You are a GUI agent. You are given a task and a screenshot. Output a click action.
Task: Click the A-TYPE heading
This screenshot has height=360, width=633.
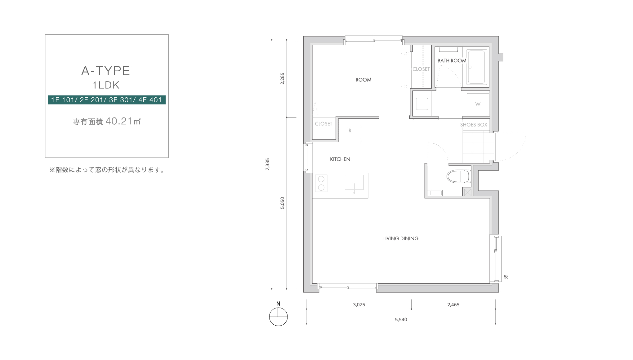click(x=105, y=71)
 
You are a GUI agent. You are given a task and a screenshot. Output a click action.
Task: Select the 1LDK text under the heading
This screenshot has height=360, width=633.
click(x=106, y=85)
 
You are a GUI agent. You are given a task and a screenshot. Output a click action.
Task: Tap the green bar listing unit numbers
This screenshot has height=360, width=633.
click(x=107, y=100)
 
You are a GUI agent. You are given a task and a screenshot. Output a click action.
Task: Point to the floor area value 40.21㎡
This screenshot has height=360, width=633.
click(x=123, y=121)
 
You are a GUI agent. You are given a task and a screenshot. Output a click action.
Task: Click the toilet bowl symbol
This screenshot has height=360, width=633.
click(x=458, y=176)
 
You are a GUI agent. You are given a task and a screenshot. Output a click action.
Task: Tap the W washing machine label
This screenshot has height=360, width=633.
click(x=478, y=104)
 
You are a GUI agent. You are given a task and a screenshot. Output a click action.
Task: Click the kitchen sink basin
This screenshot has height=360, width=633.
click(x=354, y=182)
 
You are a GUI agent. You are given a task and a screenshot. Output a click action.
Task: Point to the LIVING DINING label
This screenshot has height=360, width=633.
click(x=401, y=238)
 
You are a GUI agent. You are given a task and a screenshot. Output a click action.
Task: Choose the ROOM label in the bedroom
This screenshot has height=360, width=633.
click(x=363, y=80)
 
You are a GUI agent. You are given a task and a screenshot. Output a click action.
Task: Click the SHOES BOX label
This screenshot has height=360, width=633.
click(x=474, y=125)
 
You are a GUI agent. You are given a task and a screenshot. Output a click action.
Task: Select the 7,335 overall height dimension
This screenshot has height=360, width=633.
click(x=268, y=164)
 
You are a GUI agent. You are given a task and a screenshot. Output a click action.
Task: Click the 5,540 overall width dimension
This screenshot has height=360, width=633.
click(x=401, y=319)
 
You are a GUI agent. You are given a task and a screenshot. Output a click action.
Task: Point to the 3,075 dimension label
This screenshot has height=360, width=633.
click(x=359, y=304)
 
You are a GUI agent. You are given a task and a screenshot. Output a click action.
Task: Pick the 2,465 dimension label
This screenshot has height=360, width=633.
click(x=453, y=304)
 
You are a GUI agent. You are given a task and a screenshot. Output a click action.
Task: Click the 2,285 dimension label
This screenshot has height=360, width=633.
click(x=282, y=79)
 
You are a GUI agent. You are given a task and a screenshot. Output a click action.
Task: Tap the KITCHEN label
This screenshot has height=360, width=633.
click(x=340, y=159)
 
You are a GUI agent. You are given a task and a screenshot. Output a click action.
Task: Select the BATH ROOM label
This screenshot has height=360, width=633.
click(x=452, y=61)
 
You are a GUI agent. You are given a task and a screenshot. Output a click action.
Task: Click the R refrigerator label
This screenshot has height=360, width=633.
click(x=350, y=131)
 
